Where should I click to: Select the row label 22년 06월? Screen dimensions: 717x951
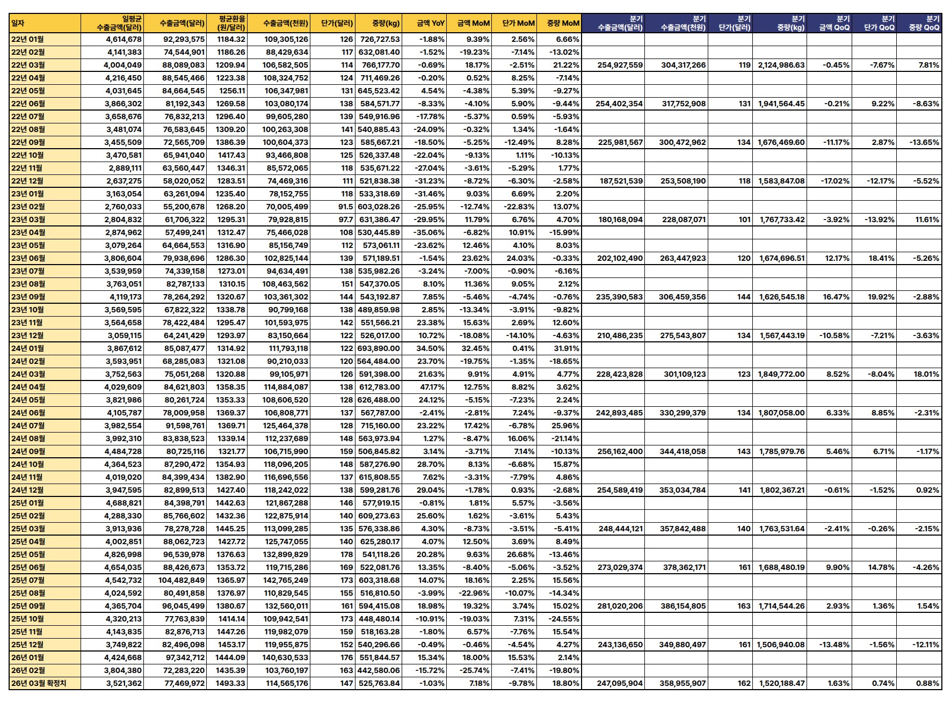click(28, 104)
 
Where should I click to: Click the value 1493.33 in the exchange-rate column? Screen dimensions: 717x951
click(230, 683)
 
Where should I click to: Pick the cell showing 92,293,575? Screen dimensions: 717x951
click(184, 39)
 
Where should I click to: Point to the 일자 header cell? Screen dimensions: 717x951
click(18, 23)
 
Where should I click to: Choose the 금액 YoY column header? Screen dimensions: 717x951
click(430, 23)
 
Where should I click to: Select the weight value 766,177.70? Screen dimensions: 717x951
click(380, 65)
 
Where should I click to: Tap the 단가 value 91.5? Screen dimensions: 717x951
click(345, 207)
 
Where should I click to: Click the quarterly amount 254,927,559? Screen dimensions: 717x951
click(620, 65)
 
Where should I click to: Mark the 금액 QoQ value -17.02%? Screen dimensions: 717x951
click(834, 181)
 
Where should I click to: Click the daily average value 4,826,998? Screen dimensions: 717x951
click(124, 554)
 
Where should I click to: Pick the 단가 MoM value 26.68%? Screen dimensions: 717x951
click(520, 554)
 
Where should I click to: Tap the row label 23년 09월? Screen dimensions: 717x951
click(28, 297)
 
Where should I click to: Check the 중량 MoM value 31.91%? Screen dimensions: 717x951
click(565, 348)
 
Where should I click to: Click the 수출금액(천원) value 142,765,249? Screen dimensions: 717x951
click(286, 580)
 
